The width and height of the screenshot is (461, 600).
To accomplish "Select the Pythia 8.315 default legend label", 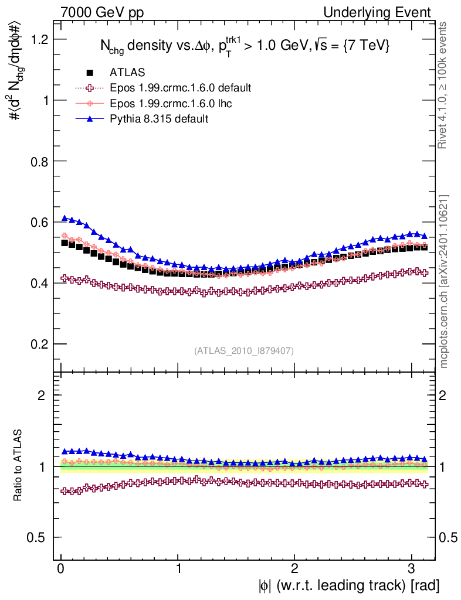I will (159, 119).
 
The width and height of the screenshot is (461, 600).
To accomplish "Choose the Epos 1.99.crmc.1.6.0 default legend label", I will (181, 88).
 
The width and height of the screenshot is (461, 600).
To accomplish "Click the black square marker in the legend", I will (90, 73).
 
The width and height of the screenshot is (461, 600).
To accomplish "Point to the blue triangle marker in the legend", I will (90, 119).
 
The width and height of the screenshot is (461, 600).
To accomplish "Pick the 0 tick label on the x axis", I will (61, 568).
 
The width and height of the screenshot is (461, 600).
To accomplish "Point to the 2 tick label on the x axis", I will (295, 568).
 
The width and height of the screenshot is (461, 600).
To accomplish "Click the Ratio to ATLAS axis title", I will (18, 466).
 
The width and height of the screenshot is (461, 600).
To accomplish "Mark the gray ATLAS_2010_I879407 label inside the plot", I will (244, 350).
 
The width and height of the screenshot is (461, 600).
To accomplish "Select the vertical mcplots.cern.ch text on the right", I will (445, 281).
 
